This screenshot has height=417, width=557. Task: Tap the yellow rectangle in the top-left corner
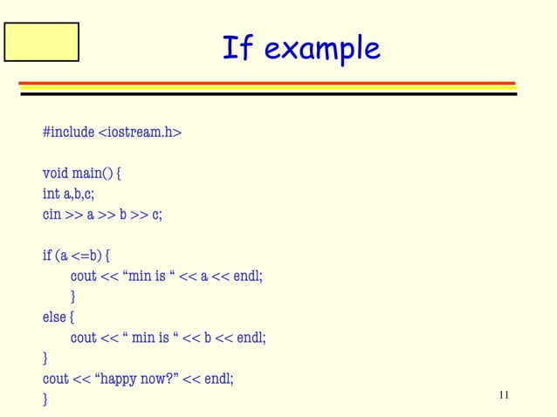(x=41, y=42)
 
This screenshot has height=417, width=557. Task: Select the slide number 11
(x=504, y=396)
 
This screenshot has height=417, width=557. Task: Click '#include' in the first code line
(x=68, y=132)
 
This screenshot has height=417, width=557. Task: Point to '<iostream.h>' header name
(x=140, y=132)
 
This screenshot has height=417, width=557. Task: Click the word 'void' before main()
(x=56, y=173)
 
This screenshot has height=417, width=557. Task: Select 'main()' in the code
(x=93, y=174)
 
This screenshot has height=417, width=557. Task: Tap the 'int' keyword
(x=51, y=194)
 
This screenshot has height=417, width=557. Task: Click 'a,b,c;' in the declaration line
(x=79, y=194)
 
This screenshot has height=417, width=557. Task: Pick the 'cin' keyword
(x=52, y=215)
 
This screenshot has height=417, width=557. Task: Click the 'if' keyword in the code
(x=47, y=256)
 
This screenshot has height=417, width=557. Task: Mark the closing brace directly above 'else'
(x=73, y=297)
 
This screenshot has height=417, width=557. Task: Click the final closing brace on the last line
(x=45, y=400)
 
